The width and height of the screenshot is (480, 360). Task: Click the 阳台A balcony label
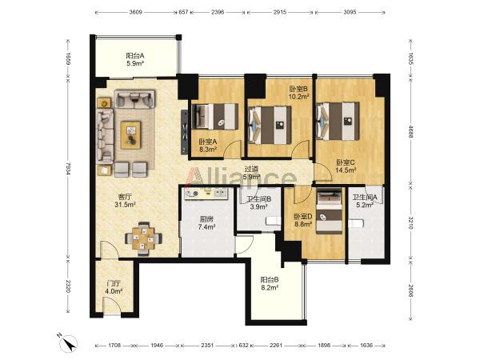(135, 56)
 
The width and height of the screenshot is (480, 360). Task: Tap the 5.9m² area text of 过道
(252, 177)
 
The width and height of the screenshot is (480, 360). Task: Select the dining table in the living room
(143, 238)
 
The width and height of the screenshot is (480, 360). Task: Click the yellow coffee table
(131, 135)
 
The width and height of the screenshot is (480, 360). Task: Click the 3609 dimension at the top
(136, 12)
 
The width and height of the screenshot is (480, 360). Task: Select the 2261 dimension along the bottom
(276, 346)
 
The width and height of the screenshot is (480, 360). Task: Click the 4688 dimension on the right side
(410, 131)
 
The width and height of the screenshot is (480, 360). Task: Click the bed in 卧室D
(329, 211)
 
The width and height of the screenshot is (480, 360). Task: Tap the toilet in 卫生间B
(274, 221)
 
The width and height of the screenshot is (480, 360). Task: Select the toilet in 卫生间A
(356, 223)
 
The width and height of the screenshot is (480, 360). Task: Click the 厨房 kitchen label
(206, 219)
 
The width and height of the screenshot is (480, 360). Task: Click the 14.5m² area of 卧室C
(346, 170)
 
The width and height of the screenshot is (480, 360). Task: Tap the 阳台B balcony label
(270, 280)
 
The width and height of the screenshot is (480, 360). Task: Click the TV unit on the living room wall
(184, 131)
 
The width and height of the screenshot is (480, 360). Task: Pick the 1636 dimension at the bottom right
(366, 346)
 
